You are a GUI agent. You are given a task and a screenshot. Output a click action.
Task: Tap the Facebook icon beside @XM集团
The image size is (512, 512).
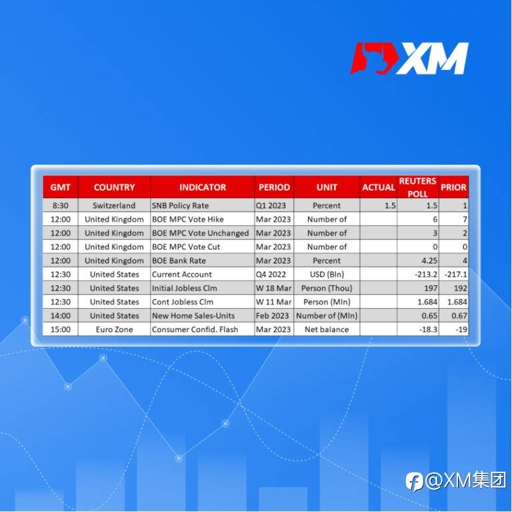pos(414,481)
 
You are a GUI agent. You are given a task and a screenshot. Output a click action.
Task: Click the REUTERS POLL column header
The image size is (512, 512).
pos(417,187)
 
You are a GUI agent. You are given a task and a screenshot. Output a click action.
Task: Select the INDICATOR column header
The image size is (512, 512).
pos(203,187)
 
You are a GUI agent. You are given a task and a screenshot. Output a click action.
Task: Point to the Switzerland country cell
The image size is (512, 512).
pos(114,205)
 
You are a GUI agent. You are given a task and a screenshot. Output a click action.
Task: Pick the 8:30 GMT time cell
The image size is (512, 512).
pos(61,205)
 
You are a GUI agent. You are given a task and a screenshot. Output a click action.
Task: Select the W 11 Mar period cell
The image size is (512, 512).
pos(273,302)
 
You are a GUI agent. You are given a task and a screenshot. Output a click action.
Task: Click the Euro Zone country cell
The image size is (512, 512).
pos(114,329)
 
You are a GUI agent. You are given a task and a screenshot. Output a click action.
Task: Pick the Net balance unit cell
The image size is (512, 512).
pos(327,329)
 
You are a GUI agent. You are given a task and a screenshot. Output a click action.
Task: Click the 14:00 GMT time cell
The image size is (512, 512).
pos(61,316)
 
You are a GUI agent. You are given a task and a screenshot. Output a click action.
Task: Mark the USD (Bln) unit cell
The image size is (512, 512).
pos(327,274)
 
